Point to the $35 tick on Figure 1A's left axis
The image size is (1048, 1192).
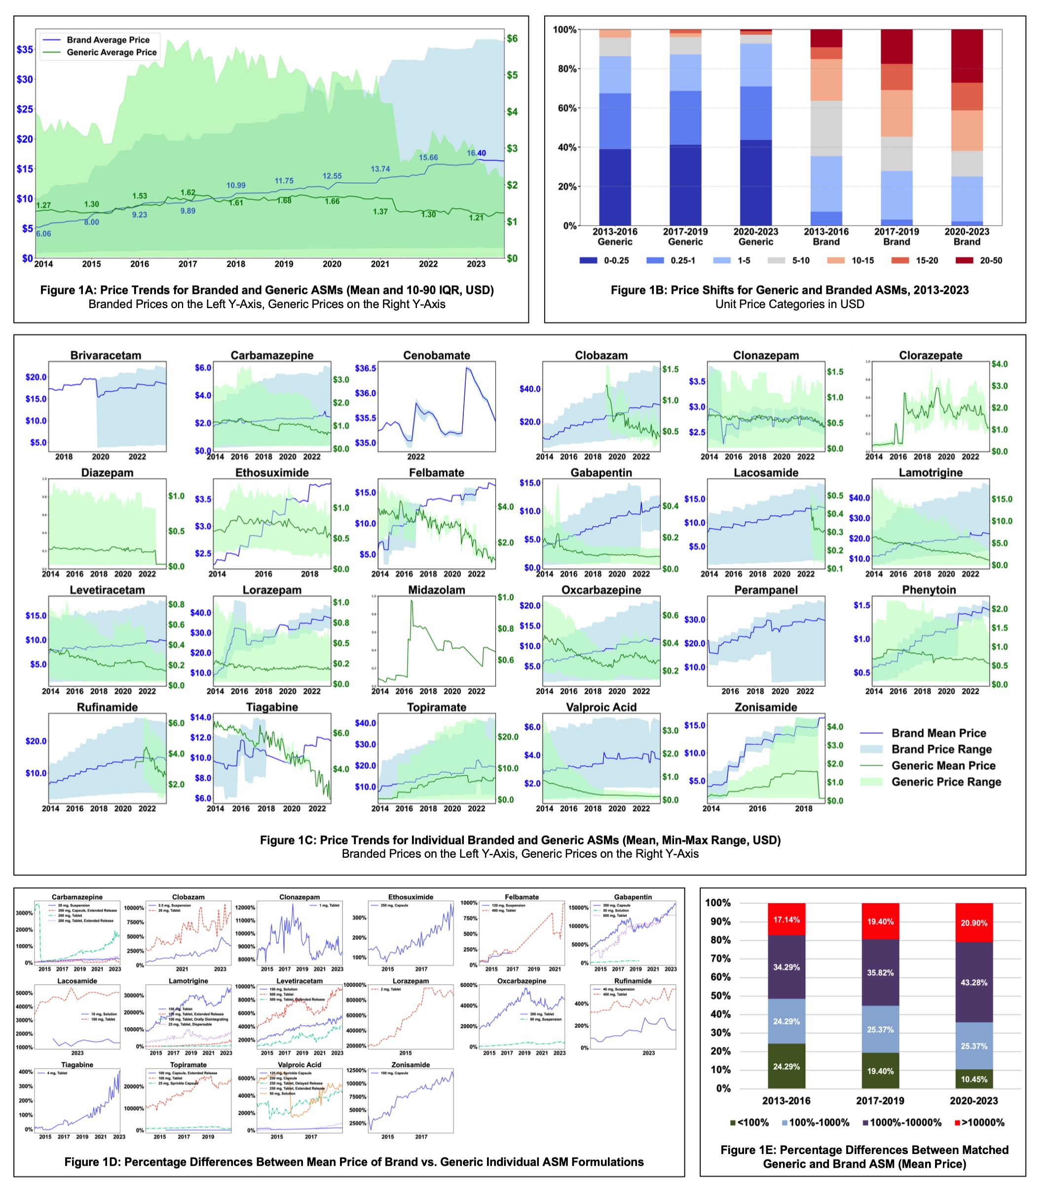point(25,49)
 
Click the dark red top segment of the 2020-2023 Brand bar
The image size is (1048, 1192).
point(967,56)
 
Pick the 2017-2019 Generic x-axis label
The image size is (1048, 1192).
point(685,237)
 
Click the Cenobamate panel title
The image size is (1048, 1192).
point(437,355)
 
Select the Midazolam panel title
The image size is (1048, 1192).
point(437,590)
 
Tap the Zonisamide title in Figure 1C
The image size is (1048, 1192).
point(766,707)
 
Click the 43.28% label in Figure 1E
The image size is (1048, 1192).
point(973,983)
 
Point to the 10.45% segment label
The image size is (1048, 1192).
point(973,1079)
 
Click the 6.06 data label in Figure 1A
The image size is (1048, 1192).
point(44,234)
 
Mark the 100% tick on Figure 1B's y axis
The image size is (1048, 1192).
point(564,30)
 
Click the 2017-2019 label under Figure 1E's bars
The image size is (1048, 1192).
point(880,1101)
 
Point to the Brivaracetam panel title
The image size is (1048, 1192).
point(106,355)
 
